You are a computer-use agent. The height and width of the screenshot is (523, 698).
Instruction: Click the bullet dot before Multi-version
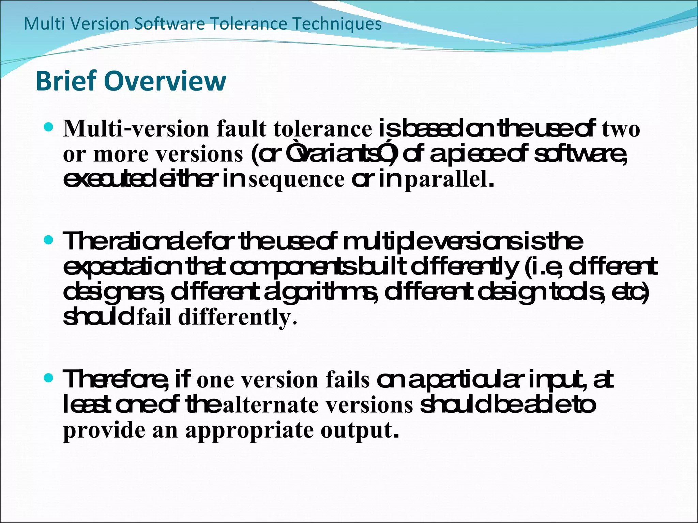(x=49, y=127)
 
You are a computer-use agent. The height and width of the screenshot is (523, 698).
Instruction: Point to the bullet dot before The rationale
(x=49, y=240)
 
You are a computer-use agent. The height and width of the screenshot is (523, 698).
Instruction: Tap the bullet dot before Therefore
(x=49, y=378)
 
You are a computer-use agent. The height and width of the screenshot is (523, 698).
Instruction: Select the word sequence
(x=297, y=179)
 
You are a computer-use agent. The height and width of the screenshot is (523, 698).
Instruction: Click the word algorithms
(x=321, y=292)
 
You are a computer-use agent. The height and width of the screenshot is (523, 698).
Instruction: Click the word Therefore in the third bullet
(x=116, y=379)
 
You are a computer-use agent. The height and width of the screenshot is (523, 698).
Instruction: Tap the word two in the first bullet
(x=621, y=129)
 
